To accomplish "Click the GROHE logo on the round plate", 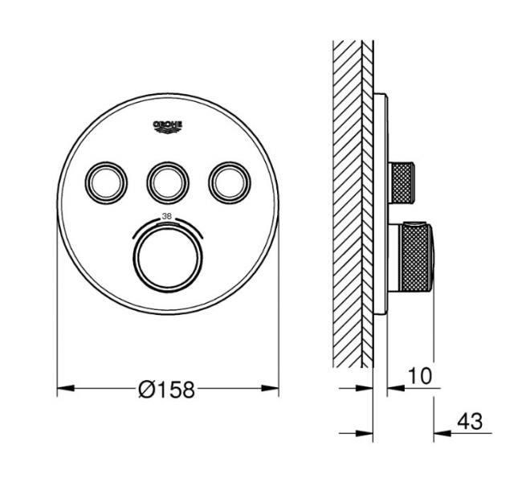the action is point(168,126).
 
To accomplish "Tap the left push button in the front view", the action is point(106,183).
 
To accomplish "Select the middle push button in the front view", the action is point(168,183).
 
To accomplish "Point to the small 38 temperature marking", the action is point(166,216).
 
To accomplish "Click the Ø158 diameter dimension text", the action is point(167,389).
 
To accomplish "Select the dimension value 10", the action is point(420,376).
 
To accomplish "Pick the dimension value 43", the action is point(470,422).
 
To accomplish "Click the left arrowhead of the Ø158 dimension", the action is point(66,388).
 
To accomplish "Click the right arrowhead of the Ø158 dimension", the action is point(270,388).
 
